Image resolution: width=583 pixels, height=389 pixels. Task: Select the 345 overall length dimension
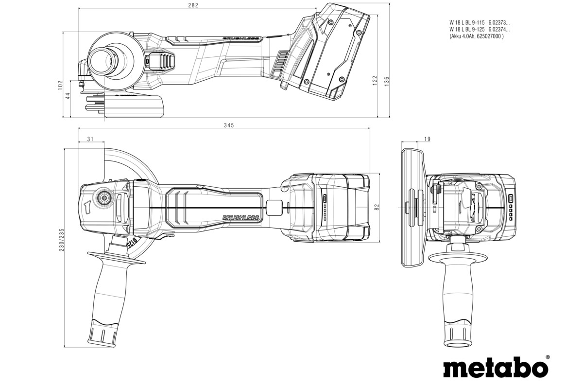click(229, 125)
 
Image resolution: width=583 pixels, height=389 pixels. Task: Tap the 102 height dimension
click(60, 85)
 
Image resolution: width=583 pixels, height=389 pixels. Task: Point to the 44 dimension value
click(69, 96)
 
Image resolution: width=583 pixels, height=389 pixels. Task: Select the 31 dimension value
click(90, 140)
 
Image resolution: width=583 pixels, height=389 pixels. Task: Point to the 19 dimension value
click(427, 140)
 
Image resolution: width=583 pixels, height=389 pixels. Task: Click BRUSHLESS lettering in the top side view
click(242, 38)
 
